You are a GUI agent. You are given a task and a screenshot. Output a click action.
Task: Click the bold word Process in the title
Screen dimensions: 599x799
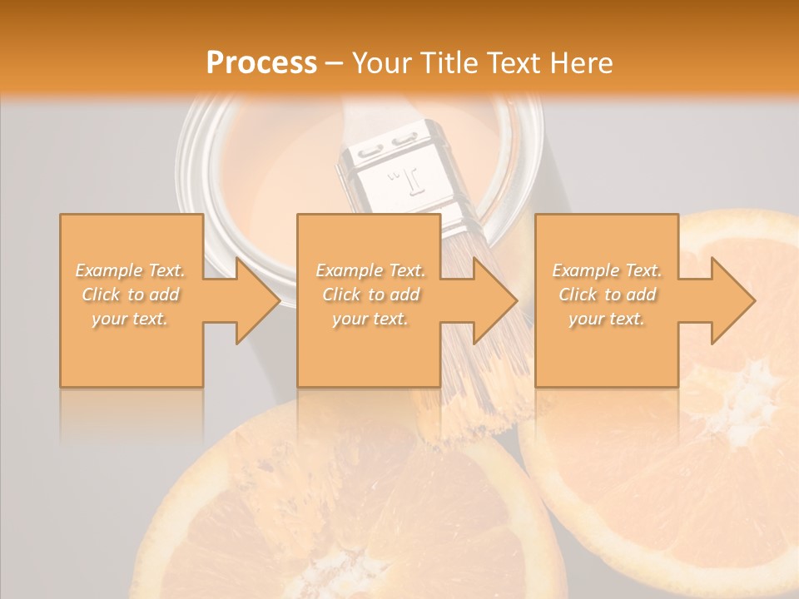tap(261, 62)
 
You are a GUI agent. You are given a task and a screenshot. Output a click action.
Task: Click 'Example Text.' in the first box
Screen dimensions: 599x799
tap(131, 270)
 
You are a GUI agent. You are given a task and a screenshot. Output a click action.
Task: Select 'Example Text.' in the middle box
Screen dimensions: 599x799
tap(370, 270)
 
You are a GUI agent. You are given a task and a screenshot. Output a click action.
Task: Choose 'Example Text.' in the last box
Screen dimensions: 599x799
tap(607, 270)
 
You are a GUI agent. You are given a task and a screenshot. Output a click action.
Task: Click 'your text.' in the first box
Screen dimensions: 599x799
tap(131, 319)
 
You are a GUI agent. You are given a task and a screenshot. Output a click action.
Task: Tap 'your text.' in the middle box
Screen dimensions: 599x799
tap(370, 319)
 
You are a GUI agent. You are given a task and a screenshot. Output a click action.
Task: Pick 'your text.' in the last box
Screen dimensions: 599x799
tap(607, 319)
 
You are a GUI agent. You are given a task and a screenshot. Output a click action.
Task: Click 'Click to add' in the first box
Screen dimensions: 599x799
tap(131, 295)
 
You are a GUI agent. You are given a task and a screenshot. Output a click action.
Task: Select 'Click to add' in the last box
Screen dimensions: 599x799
tap(607, 295)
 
